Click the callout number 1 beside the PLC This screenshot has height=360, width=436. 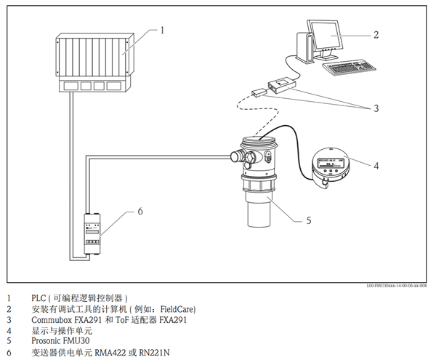coord(163,31)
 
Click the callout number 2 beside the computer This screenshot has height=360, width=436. coord(376,33)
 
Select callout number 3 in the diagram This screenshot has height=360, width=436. coord(376,109)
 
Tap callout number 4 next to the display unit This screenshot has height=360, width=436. coord(376,165)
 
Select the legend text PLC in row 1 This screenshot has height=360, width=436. coord(39,298)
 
